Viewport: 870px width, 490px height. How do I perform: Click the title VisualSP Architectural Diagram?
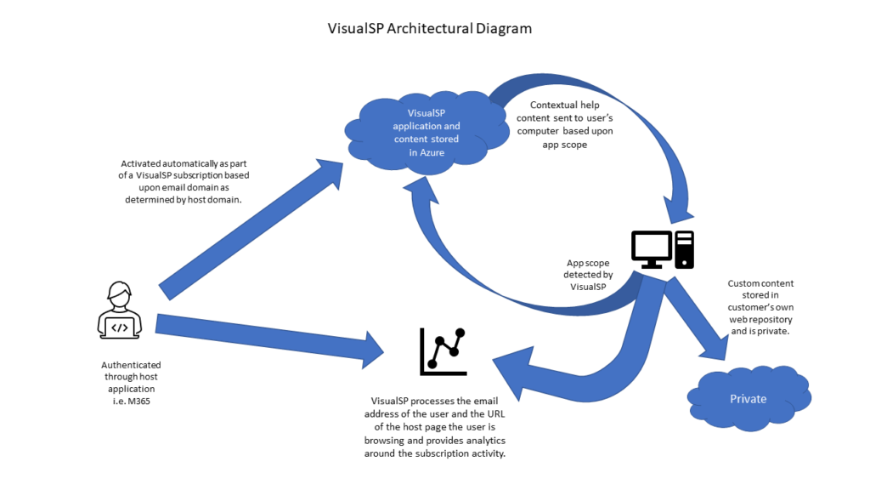430,28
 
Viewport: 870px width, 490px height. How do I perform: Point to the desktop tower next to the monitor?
685,249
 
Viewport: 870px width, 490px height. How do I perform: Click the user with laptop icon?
120,311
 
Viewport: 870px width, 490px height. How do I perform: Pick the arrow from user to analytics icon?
263,336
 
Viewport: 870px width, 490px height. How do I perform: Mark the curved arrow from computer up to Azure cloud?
476,272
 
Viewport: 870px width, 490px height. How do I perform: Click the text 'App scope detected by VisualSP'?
589,275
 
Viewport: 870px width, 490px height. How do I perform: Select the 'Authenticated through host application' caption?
130,383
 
